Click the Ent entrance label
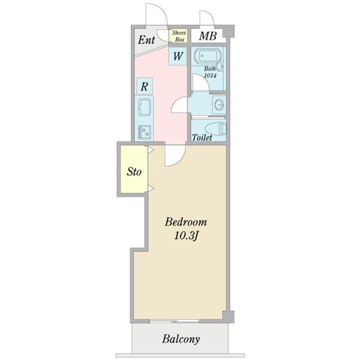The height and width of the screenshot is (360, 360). (146, 40)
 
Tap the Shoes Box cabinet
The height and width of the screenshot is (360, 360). (178, 36)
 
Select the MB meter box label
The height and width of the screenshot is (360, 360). (208, 36)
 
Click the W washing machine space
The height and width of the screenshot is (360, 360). (178, 56)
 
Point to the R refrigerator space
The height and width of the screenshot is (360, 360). (145, 86)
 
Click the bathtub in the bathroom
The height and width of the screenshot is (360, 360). (205, 55)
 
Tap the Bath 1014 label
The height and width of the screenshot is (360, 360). (210, 72)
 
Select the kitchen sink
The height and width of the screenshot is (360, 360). (145, 107)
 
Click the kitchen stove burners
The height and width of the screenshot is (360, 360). (145, 132)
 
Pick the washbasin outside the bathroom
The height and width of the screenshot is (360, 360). (219, 105)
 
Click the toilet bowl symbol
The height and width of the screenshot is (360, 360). (215, 129)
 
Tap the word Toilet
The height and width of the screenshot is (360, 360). (202, 137)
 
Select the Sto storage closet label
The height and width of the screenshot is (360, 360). (134, 172)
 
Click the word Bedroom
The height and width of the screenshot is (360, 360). (186, 222)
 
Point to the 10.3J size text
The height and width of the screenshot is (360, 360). (186, 236)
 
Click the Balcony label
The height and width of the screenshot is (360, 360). (181, 340)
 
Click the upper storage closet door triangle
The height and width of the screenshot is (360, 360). (151, 150)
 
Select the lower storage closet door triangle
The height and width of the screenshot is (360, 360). (151, 188)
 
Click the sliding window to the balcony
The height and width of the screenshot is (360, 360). (174, 321)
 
